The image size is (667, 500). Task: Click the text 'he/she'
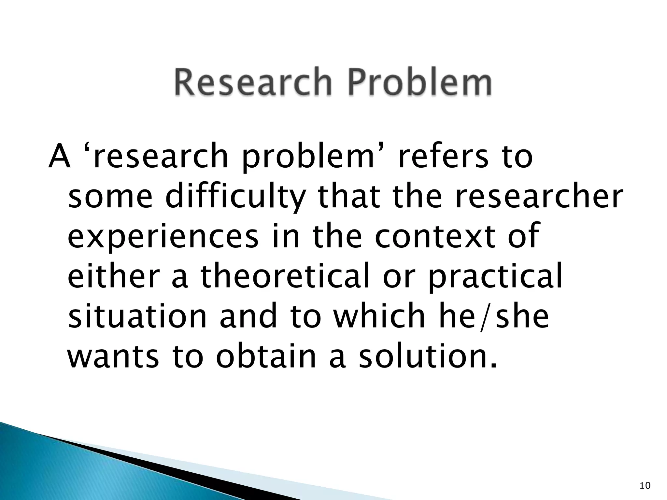coord(494,317)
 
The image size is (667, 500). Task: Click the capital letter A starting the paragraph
coord(60,157)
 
